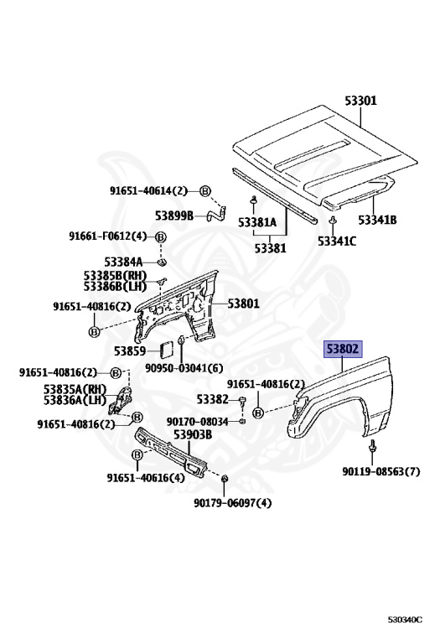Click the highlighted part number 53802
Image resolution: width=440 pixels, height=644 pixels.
[x=343, y=349]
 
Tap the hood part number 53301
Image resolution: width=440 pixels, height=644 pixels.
[x=360, y=101]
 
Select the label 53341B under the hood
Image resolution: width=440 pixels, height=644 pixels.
[x=377, y=220]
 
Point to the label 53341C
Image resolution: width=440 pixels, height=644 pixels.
[x=337, y=241]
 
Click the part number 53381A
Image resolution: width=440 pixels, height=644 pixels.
[x=257, y=222]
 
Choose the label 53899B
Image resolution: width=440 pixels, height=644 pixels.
[x=174, y=216]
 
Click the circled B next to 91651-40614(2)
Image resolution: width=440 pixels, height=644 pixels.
[x=205, y=191]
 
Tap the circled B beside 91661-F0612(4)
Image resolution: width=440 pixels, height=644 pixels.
[x=161, y=237]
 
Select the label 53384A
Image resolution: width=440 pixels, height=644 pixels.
[x=123, y=262]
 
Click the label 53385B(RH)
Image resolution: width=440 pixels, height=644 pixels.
[x=115, y=276]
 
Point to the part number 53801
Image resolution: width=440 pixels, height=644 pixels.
[x=243, y=304]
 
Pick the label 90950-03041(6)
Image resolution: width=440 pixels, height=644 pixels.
[x=184, y=368]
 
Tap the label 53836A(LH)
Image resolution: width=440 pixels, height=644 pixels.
[x=75, y=400]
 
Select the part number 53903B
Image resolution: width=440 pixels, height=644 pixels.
[x=193, y=434]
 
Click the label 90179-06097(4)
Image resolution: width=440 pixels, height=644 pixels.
[x=233, y=503]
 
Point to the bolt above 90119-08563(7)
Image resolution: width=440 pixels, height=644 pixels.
[x=372, y=446]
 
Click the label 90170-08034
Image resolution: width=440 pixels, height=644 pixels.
[x=197, y=422]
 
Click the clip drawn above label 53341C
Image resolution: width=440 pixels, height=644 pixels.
[x=332, y=221]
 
